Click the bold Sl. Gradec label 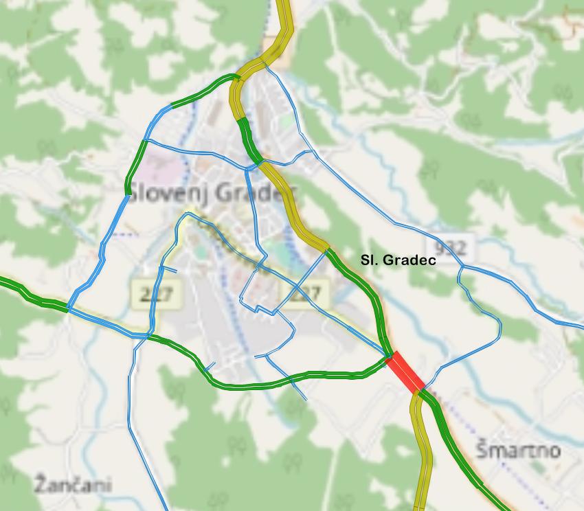click(x=398, y=260)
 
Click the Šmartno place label click(x=518, y=451)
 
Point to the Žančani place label click(x=72, y=484)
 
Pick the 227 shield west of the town click(x=155, y=294)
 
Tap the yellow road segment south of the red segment click(x=421, y=453)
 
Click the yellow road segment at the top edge click(x=284, y=21)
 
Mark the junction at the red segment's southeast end click(x=419, y=391)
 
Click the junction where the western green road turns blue click(x=68, y=310)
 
